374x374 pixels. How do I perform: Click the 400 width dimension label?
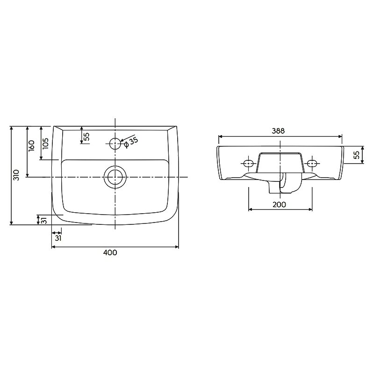pos(110,252)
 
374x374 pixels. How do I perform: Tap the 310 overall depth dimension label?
pos(16,175)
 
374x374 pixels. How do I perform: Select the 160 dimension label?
pos(31,145)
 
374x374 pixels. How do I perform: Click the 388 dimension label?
pos(278,131)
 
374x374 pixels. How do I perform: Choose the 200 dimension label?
pos(279,204)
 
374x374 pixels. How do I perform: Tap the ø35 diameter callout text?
pos(131,143)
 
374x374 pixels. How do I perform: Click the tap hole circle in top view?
pos(115,144)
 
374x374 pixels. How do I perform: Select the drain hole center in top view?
pos(115,177)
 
